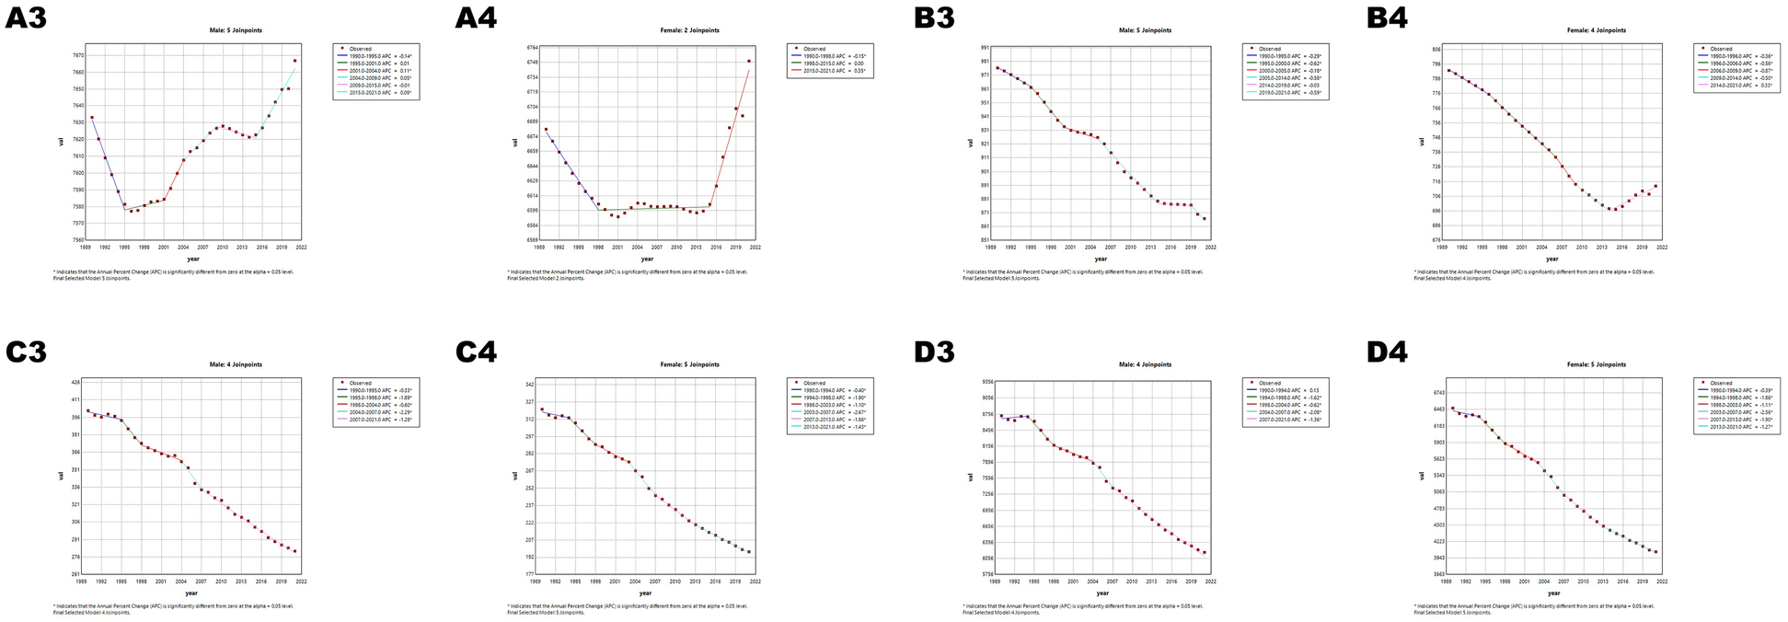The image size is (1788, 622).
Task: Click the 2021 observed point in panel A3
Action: tap(295, 61)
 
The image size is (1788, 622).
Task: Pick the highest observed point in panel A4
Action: tap(749, 61)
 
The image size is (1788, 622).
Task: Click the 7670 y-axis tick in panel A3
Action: tap(76, 55)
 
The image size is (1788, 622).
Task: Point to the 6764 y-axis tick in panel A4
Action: tap(532, 47)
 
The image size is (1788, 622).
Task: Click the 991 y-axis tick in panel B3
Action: tap(985, 47)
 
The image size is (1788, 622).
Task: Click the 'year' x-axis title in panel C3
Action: tap(190, 593)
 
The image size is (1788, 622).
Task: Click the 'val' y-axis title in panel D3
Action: tap(970, 477)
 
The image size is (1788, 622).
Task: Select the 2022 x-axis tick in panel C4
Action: tap(755, 582)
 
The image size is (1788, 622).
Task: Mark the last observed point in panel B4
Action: tap(1655, 186)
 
